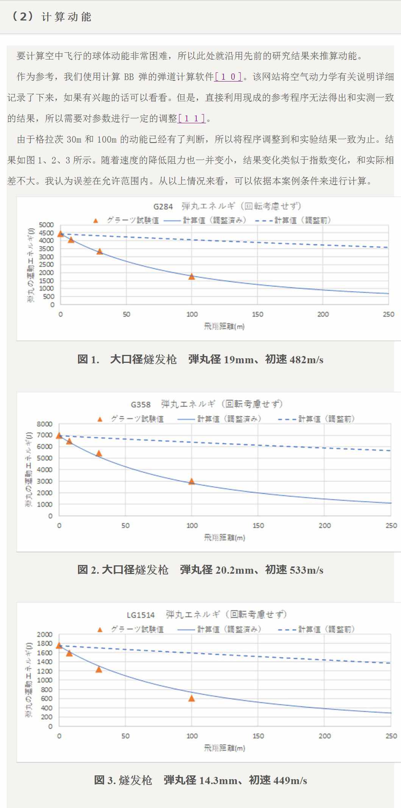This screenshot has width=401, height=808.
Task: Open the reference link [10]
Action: click(228, 77)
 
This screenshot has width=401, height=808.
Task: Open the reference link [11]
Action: click(192, 119)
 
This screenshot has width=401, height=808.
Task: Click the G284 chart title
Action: click(227, 206)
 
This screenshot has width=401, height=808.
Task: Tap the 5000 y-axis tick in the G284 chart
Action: click(47, 225)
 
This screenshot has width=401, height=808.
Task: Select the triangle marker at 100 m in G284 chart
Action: click(192, 276)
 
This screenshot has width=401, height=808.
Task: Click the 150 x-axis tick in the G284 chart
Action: click(257, 314)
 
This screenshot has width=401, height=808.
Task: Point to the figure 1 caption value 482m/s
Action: click(306, 360)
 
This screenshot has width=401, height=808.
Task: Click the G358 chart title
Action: click(206, 404)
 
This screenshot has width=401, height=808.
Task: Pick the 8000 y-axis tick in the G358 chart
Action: click(45, 424)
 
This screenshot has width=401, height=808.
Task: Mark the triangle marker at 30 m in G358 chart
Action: click(99, 453)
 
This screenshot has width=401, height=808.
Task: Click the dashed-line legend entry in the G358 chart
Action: click(316, 419)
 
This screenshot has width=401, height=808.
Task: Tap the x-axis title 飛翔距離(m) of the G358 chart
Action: click(225, 537)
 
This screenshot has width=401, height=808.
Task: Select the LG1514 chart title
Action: click(206, 615)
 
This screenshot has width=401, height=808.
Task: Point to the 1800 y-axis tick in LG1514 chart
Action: click(45, 643)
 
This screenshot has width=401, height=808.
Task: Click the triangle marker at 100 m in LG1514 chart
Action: click(192, 698)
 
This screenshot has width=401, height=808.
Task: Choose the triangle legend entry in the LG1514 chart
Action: click(130, 629)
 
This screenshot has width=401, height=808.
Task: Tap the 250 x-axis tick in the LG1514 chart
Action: click(391, 736)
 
